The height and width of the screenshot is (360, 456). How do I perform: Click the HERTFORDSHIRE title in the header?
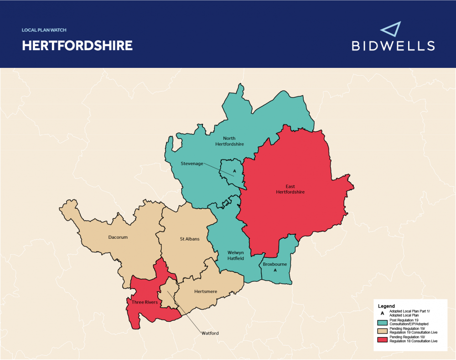click(77, 46)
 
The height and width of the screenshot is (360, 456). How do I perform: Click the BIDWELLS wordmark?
click(393, 46)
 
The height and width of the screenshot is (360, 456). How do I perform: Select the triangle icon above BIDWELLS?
click(390, 29)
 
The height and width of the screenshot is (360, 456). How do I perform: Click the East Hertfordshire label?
click(290, 189)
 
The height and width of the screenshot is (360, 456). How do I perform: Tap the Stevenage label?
click(192, 164)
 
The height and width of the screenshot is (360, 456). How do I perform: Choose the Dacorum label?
click(118, 237)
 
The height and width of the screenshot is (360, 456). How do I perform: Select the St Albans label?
click(189, 239)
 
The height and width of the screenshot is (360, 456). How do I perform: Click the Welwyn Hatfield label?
click(236, 255)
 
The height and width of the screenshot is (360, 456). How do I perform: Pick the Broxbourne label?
click(275, 263)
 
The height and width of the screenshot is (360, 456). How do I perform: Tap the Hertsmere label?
click(205, 291)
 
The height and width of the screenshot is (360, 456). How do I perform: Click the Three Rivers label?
click(145, 302)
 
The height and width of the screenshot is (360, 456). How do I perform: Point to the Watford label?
click(210, 333)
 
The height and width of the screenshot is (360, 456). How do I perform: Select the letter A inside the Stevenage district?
click(234, 171)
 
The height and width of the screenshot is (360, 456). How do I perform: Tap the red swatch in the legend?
click(382, 339)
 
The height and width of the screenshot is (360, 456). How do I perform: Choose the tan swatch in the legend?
click(382, 331)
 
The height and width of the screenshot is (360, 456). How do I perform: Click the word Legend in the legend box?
click(387, 306)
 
